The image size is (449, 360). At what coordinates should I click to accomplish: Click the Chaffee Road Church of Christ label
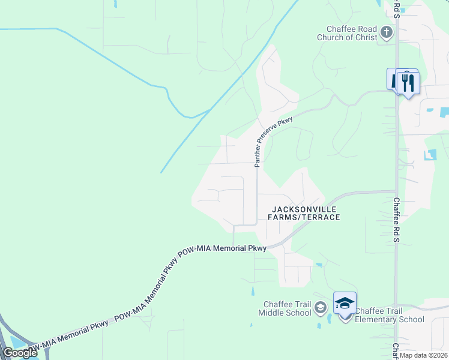coord(351,33)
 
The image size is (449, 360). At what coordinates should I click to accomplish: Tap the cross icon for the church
coord(387,32)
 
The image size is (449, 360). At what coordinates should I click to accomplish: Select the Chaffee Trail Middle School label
coord(285,308)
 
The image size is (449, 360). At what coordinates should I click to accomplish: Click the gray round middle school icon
coord(321,308)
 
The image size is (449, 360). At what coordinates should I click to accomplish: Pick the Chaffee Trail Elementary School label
coord(389,315)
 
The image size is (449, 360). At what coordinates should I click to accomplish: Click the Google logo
coord(20,353)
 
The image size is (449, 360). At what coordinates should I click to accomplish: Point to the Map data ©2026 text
coord(422,355)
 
